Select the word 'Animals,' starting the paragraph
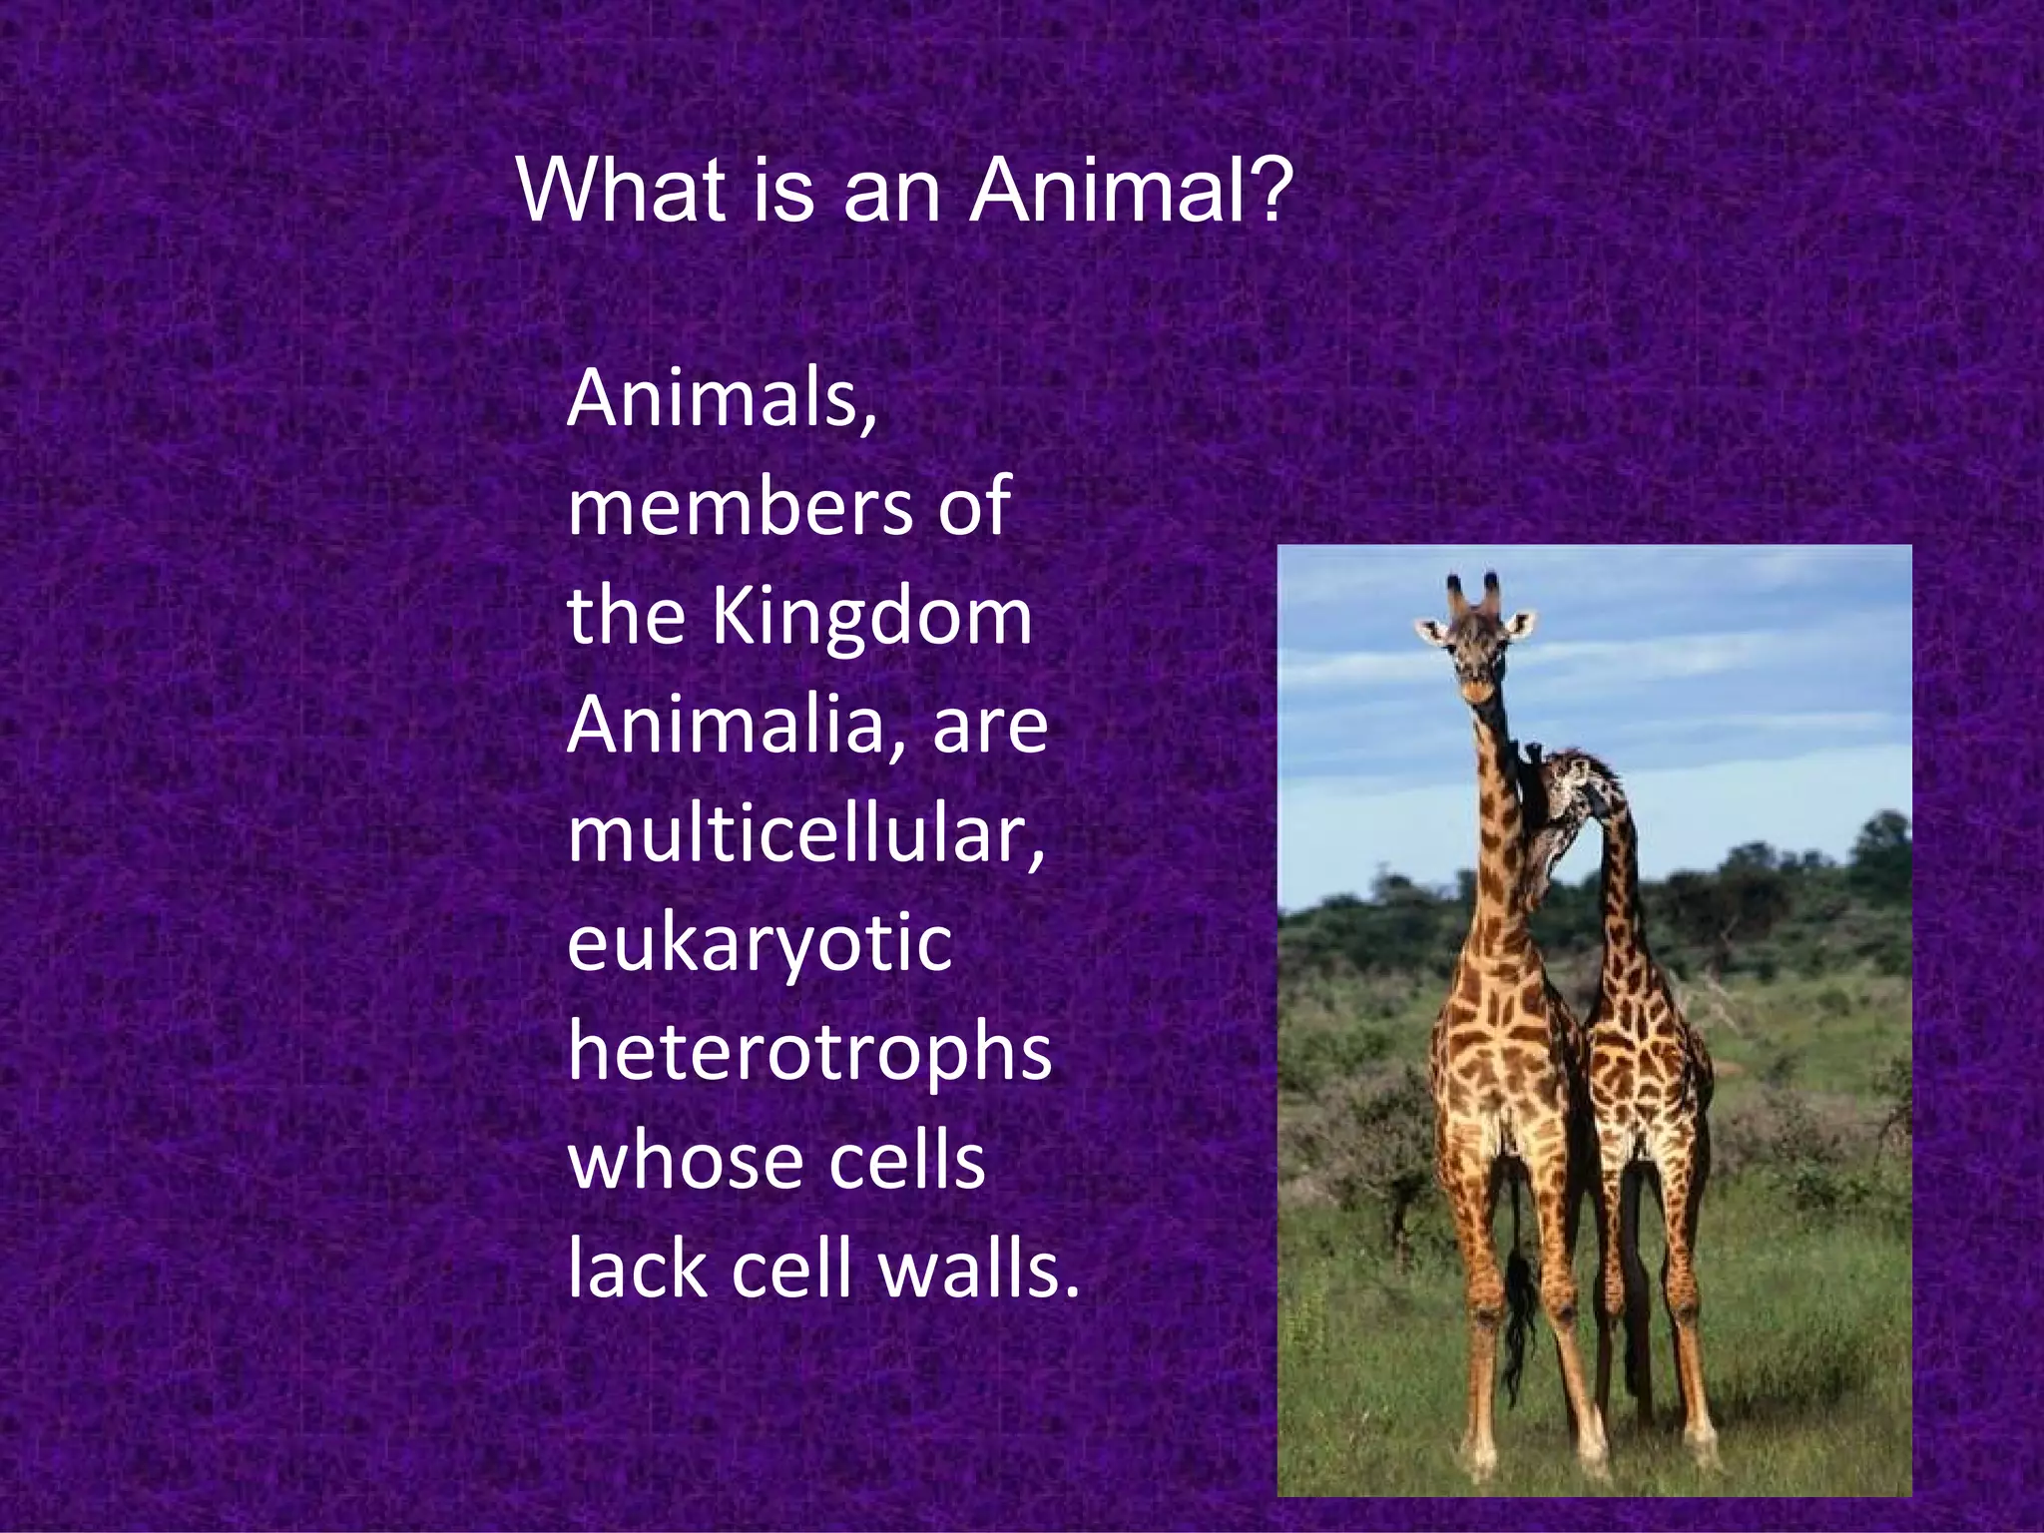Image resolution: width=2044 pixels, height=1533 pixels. pos(723,400)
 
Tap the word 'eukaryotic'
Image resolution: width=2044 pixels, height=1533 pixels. pos(760,943)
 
